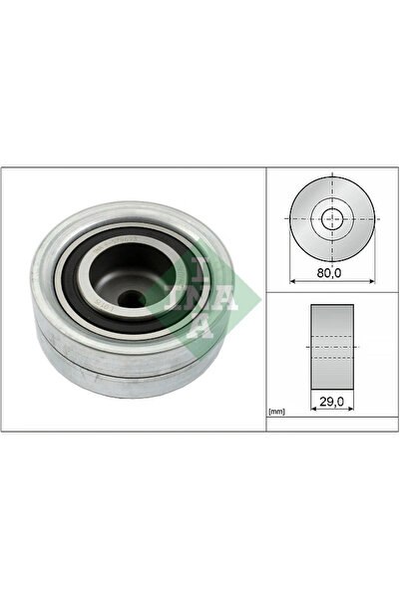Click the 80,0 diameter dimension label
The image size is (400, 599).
pyautogui.click(x=329, y=273)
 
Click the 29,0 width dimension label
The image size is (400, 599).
pyautogui.click(x=332, y=401)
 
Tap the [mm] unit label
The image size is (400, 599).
pyautogui.click(x=277, y=412)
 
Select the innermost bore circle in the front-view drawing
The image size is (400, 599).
pyautogui.click(x=332, y=219)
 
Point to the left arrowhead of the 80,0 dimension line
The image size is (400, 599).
pyautogui.click(x=292, y=281)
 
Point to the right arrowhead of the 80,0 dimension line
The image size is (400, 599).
pyautogui.click(x=372, y=281)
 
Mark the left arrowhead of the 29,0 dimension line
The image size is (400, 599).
pyautogui.click(x=313, y=409)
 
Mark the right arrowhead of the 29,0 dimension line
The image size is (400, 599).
pyautogui.click(x=351, y=409)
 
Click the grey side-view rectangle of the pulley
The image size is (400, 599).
pyautogui.click(x=332, y=347)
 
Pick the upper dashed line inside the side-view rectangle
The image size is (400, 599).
pyautogui.click(x=332, y=336)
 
